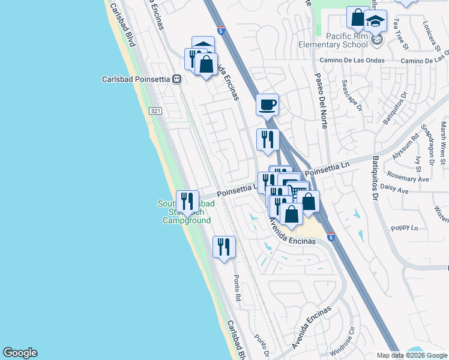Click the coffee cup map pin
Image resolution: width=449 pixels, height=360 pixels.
click(267, 105)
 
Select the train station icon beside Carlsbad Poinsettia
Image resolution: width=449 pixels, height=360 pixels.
click(176, 79)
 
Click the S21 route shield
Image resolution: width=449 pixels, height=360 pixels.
click(156, 111)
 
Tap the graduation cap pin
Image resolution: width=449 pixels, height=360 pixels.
click(375, 22)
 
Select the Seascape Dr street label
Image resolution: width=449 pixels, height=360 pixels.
click(352, 95)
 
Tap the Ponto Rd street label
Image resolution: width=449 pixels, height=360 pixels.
click(238, 289)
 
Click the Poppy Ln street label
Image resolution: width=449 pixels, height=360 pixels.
click(404, 228)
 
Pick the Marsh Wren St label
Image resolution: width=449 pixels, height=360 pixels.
click(443, 143)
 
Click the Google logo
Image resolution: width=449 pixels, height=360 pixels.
click(20, 353)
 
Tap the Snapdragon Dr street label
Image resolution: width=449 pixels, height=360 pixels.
click(427, 145)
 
